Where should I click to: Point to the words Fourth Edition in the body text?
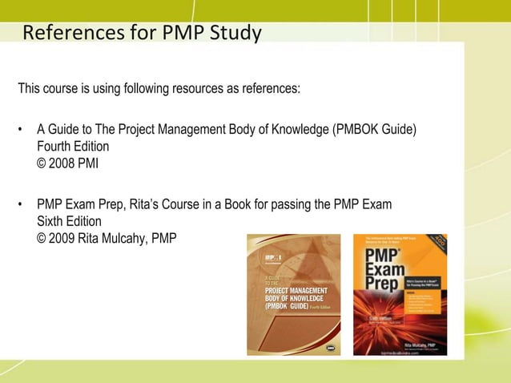73,147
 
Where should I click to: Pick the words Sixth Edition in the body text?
70,221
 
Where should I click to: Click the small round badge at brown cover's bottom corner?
330,348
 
